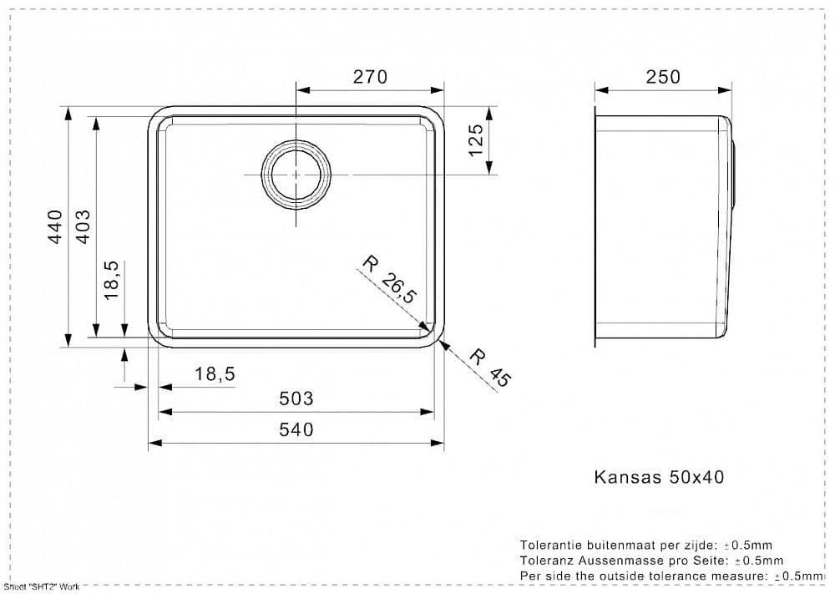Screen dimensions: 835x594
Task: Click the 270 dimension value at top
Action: pos(370,77)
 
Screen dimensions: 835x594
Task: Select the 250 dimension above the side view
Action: pos(663,77)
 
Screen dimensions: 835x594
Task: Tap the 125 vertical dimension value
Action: pos(476,140)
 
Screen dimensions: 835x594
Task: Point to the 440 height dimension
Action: pos(55,227)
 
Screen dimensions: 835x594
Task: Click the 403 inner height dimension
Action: pos(83,227)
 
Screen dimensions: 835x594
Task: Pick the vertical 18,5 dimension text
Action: pos(111,280)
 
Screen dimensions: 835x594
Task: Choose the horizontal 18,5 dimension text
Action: pos(215,374)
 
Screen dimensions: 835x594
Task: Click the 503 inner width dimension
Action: pos(296,399)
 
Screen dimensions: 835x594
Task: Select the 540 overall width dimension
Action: pos(296,429)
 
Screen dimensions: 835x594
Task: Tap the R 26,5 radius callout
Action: pos(389,280)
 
